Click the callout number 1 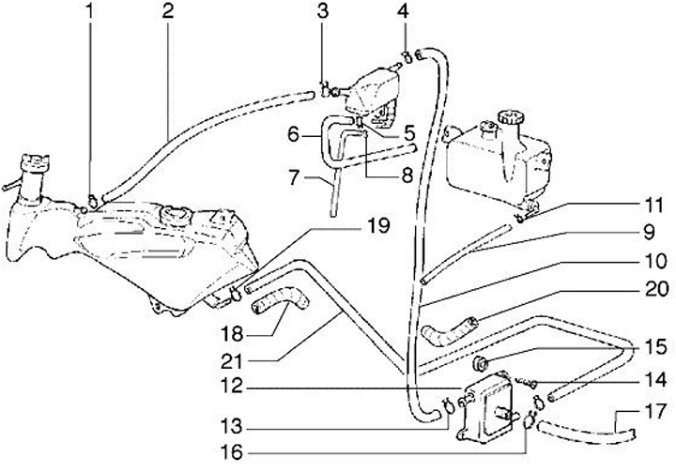[x=90, y=12]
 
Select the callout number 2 [x=167, y=12]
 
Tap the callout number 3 [x=321, y=12]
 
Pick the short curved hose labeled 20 [x=451, y=328]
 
